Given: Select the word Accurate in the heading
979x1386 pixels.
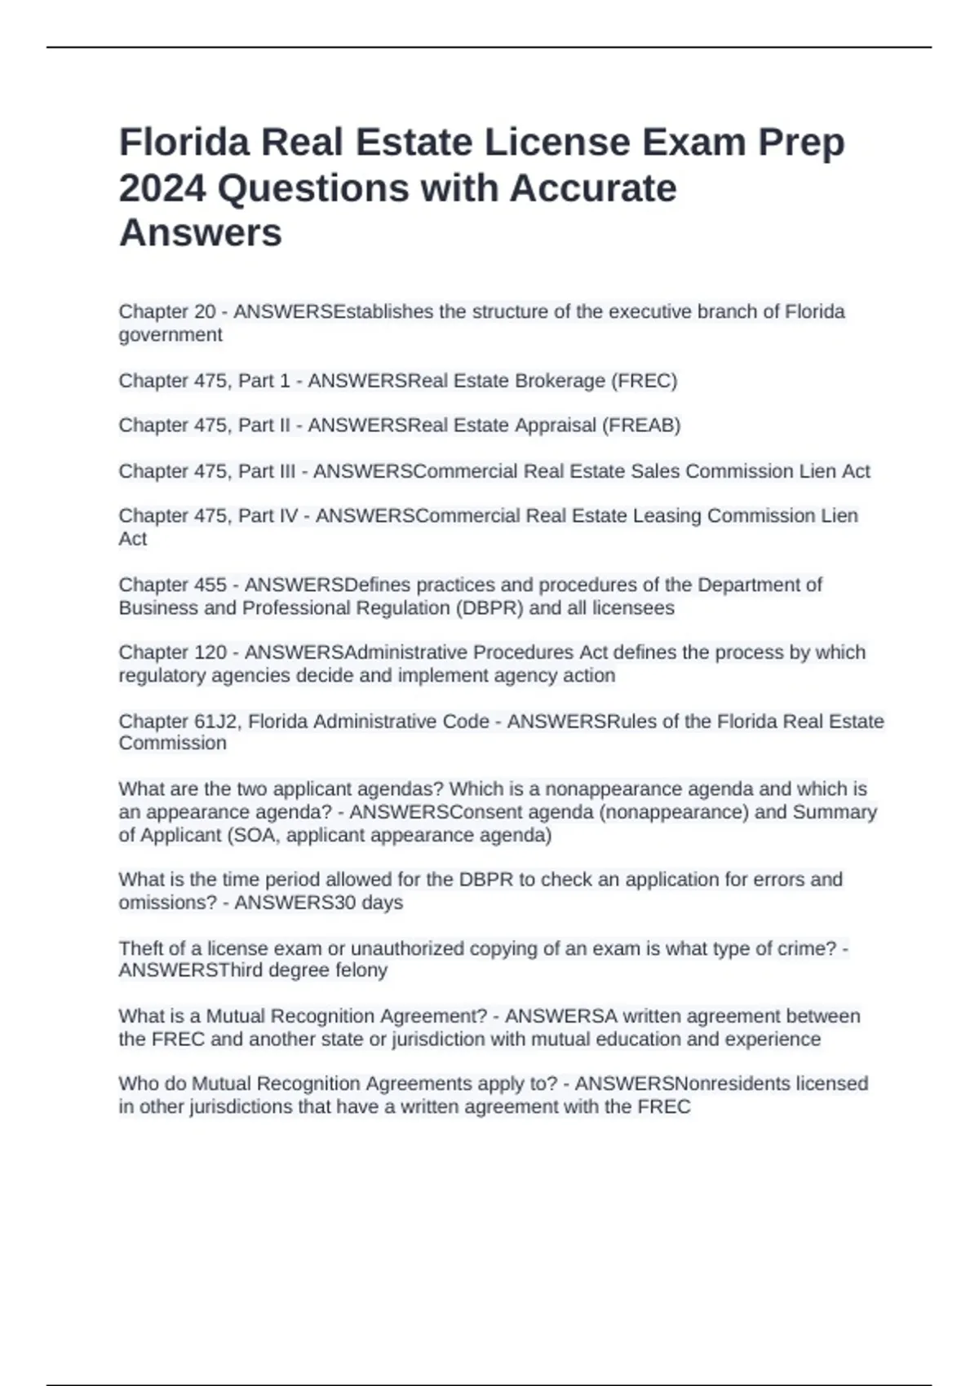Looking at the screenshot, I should pyautogui.click(x=593, y=188).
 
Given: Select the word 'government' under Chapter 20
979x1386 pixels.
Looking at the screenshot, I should pyautogui.click(x=170, y=335).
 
